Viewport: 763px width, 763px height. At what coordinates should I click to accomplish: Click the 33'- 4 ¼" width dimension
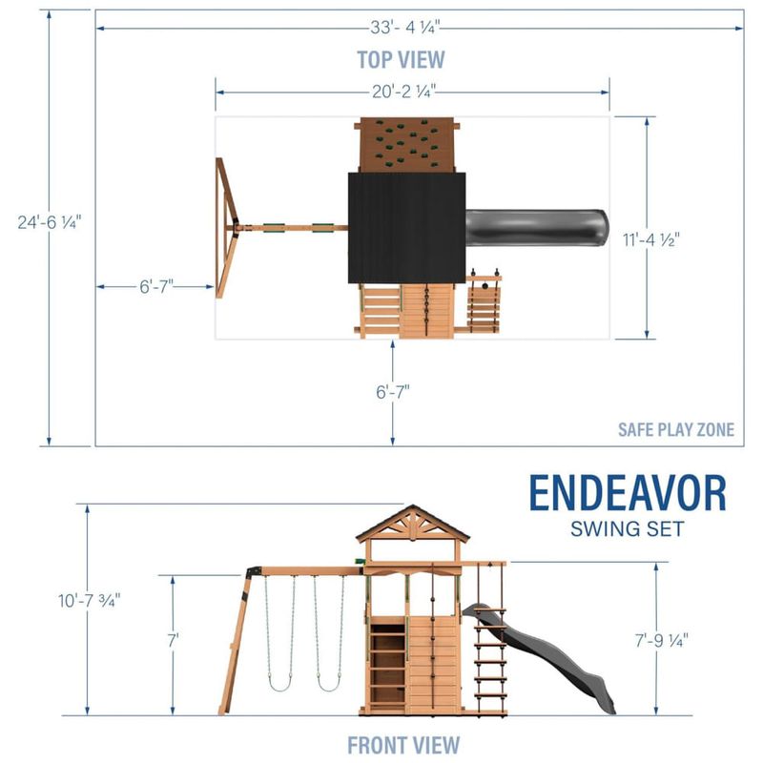[x=404, y=28]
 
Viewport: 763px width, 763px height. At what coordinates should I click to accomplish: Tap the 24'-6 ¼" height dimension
[x=50, y=222]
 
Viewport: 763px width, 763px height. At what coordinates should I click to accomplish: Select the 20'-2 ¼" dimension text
[x=403, y=92]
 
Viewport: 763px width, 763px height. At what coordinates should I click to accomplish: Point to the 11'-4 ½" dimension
[x=651, y=239]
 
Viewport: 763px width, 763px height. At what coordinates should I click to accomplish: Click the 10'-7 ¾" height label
[x=89, y=601]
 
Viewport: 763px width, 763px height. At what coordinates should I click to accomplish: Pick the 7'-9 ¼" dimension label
[x=661, y=640]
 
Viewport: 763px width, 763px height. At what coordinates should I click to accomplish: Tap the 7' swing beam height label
[x=173, y=640]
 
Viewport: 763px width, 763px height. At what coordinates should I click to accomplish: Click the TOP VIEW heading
[x=401, y=59]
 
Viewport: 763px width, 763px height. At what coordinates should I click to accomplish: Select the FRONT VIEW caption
[x=403, y=745]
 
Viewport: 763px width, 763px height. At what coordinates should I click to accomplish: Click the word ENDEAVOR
[x=628, y=493]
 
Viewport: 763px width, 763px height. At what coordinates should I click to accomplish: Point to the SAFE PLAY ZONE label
[x=676, y=430]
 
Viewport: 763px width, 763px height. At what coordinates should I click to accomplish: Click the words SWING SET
[x=628, y=529]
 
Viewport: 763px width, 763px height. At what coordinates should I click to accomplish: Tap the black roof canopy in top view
[x=407, y=228]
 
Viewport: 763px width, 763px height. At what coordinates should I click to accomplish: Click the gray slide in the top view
[x=537, y=227]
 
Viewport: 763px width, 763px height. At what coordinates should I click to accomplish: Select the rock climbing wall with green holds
[x=407, y=145]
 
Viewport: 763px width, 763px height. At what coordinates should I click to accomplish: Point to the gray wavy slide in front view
[x=539, y=658]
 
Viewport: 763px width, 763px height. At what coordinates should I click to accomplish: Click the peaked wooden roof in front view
[x=413, y=523]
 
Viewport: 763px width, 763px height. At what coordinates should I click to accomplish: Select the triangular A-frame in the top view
[x=227, y=228]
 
